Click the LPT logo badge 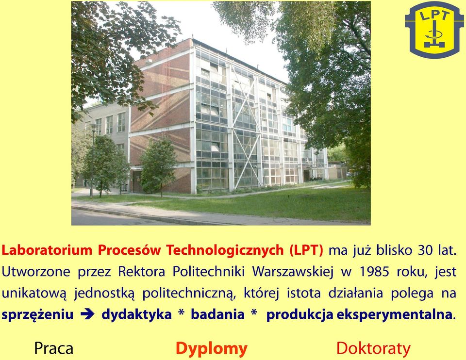click(x=434, y=30)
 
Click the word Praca click(x=54, y=348)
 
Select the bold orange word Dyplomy click(x=212, y=349)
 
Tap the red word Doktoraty click(x=373, y=348)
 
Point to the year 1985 click(x=374, y=272)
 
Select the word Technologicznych click(x=225, y=251)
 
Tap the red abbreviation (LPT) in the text click(x=306, y=250)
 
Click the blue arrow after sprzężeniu click(x=87, y=314)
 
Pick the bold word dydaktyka click(x=137, y=315)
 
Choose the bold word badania click(x=217, y=314)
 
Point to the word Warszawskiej click(x=293, y=272)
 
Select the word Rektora click(x=141, y=272)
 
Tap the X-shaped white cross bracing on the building click(x=244, y=128)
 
